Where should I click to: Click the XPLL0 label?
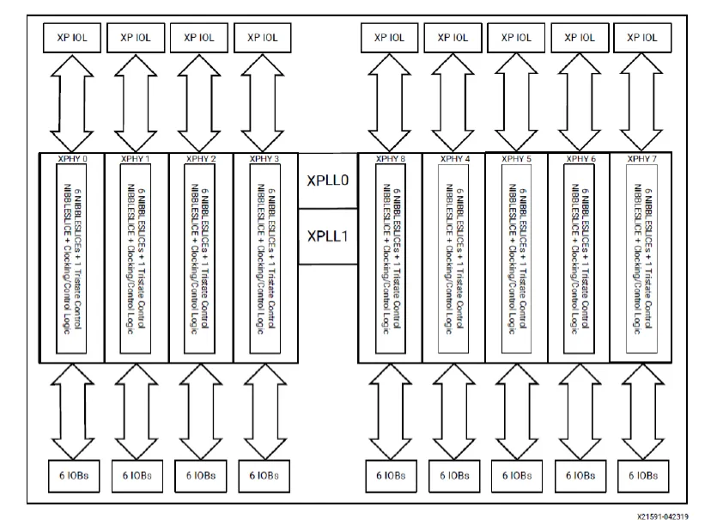click(x=326, y=182)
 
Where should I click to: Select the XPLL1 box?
click(x=326, y=235)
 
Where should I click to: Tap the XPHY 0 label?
click(x=72, y=160)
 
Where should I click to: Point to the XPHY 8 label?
click(x=389, y=160)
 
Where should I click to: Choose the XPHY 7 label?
click(x=641, y=160)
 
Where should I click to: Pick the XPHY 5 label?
click(x=516, y=160)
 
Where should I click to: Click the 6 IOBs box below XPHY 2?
click(x=201, y=473)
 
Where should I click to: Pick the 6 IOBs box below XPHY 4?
click(x=453, y=473)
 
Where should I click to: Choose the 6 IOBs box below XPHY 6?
click(x=578, y=473)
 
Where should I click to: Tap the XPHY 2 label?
click(x=201, y=160)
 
